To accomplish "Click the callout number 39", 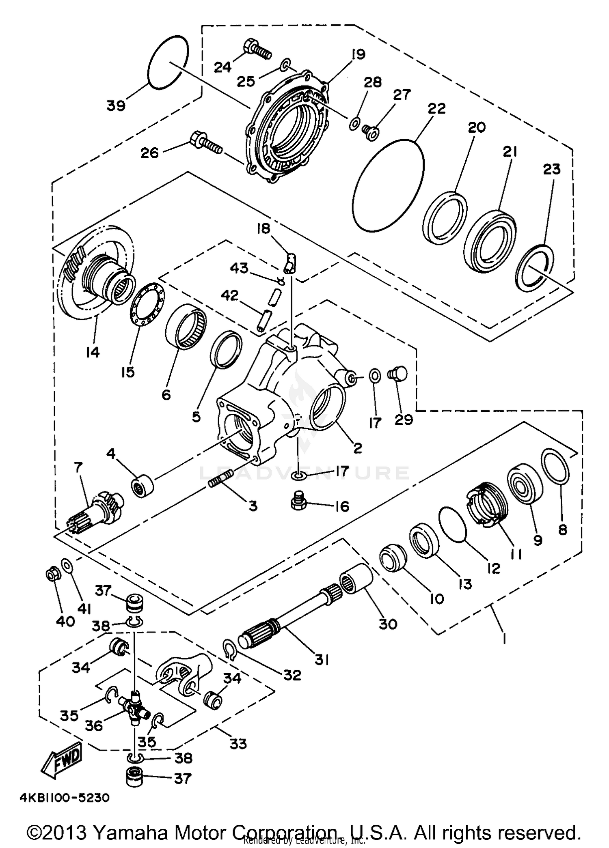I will (x=116, y=106).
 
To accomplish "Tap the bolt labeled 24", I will (x=257, y=50).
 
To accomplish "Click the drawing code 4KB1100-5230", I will (x=65, y=798).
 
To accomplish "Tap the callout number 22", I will (x=436, y=109).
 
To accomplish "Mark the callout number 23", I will (x=552, y=169).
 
